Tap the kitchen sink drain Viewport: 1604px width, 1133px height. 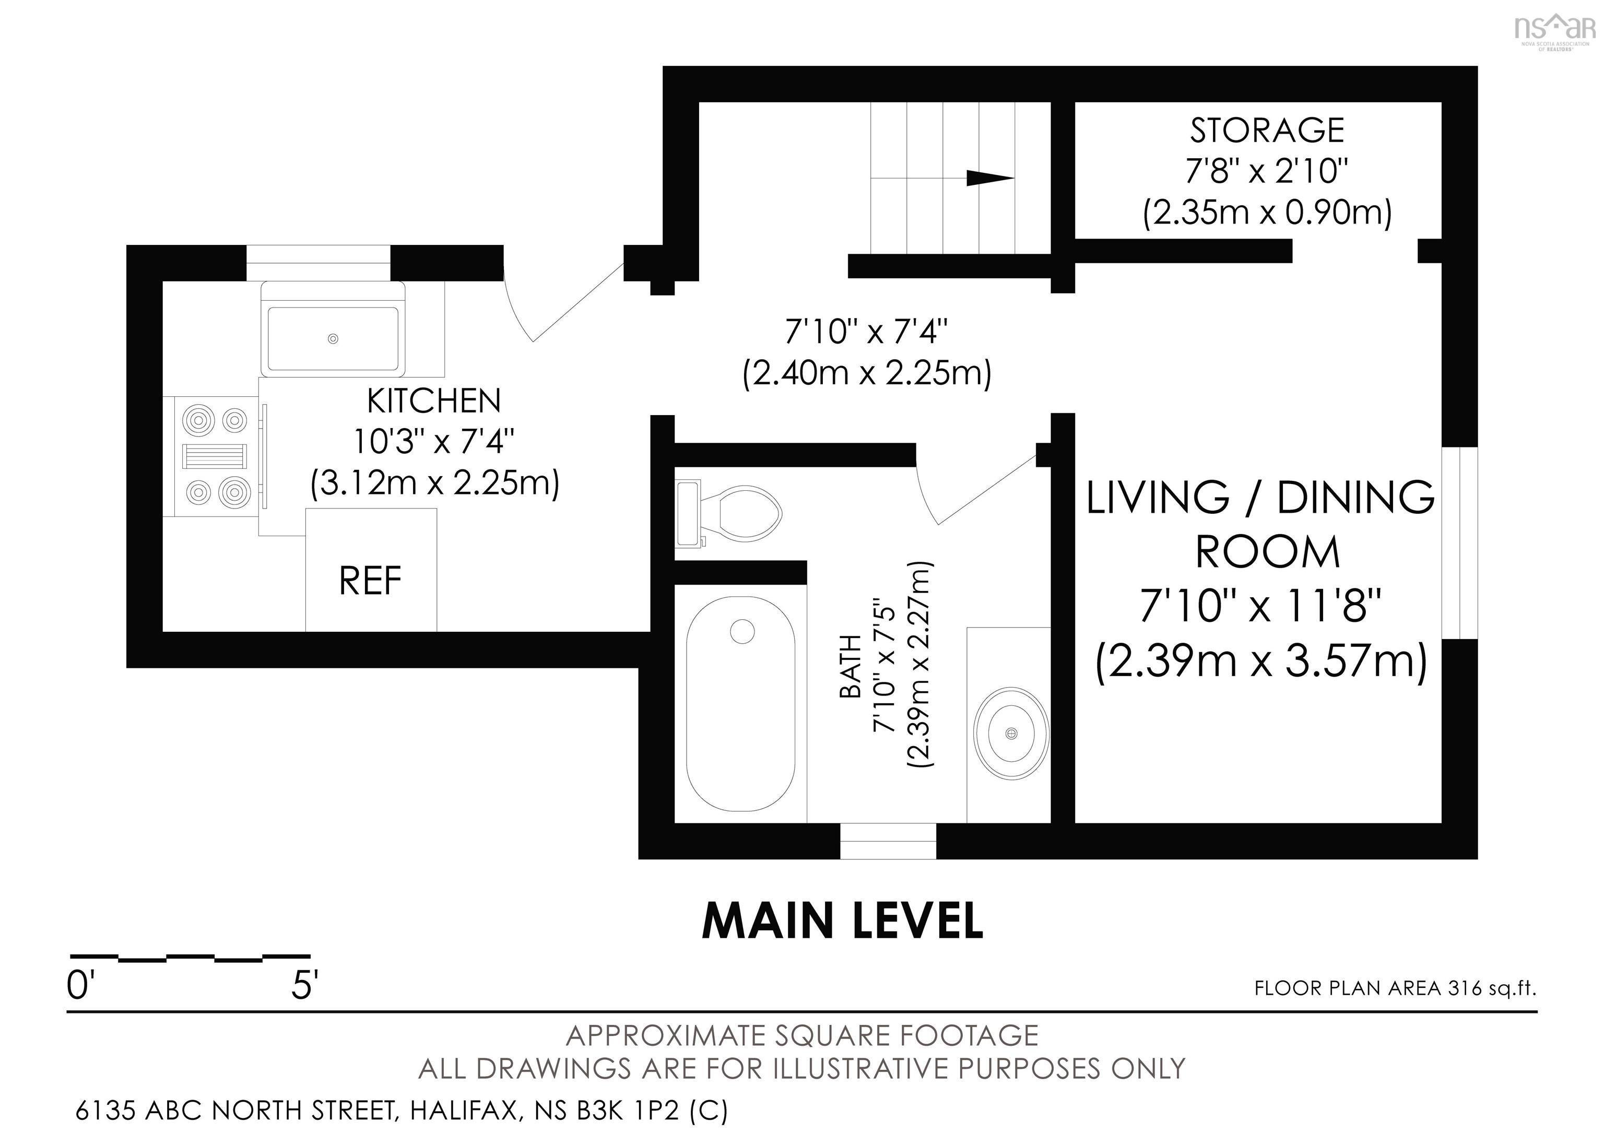tap(333, 339)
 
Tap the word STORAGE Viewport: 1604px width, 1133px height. tap(1267, 131)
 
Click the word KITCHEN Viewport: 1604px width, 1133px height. tap(434, 401)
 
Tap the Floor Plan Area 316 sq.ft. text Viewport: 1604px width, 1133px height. tap(1395, 988)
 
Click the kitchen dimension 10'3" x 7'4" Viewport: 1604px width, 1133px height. tap(434, 442)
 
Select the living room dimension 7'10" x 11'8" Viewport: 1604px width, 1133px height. tap(1261, 606)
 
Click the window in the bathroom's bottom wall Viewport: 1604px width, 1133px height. tap(887, 841)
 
